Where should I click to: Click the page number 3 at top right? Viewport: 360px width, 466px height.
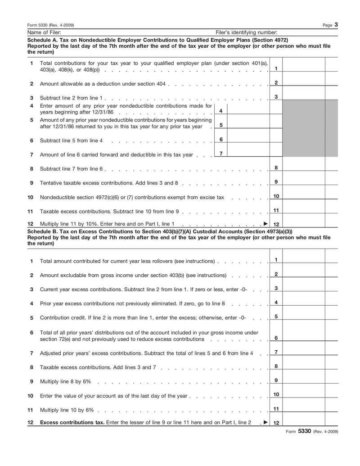[336, 25]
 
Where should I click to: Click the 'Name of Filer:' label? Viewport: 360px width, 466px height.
[44, 32]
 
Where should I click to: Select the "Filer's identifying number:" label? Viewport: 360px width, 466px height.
[247, 32]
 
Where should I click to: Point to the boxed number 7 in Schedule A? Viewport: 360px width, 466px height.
[221, 154]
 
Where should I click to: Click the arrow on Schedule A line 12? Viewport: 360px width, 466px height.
[265, 224]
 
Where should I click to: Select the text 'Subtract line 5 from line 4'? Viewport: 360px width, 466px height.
[71, 140]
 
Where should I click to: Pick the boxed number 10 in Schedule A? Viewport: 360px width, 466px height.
[276, 196]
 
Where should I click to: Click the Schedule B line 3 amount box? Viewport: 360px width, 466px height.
[304, 288]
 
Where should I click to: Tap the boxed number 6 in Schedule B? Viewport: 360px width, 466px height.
[276, 338]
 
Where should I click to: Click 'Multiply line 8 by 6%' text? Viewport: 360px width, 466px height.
[65, 382]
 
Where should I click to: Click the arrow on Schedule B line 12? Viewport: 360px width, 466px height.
[265, 423]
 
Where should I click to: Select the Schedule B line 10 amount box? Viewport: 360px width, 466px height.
[304, 395]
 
